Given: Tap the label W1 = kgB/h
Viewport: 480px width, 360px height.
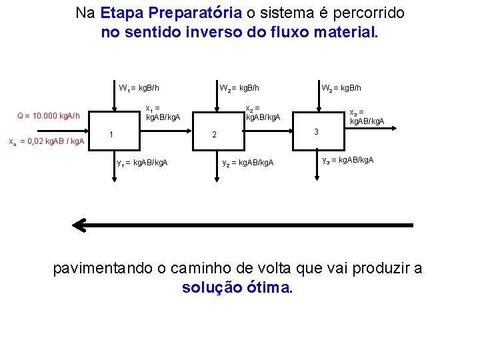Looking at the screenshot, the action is pyautogui.click(x=138, y=87).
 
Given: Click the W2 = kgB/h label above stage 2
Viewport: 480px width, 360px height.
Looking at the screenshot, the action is pyautogui.click(x=239, y=87).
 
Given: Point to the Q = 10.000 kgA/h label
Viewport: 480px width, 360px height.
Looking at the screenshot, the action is pyautogui.click(x=49, y=116).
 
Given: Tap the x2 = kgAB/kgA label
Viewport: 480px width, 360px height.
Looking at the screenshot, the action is pyautogui.click(x=263, y=113).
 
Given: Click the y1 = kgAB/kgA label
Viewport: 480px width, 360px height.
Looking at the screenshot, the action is pyautogui.click(x=142, y=162).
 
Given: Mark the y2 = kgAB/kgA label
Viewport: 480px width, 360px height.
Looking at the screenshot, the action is pyautogui.click(x=247, y=162).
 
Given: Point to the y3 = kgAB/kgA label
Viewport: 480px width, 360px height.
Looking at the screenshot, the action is pyautogui.click(x=347, y=160).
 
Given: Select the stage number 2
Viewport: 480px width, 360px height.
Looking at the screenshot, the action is pyautogui.click(x=214, y=135).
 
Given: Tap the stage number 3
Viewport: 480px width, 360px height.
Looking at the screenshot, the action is pyautogui.click(x=317, y=132).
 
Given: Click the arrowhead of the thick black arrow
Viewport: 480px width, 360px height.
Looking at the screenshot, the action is pyautogui.click(x=80, y=225).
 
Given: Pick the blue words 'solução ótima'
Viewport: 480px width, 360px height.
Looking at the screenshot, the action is pyautogui.click(x=237, y=288).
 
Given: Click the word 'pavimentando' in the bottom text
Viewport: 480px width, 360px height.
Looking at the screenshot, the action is pyautogui.click(x=103, y=269).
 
